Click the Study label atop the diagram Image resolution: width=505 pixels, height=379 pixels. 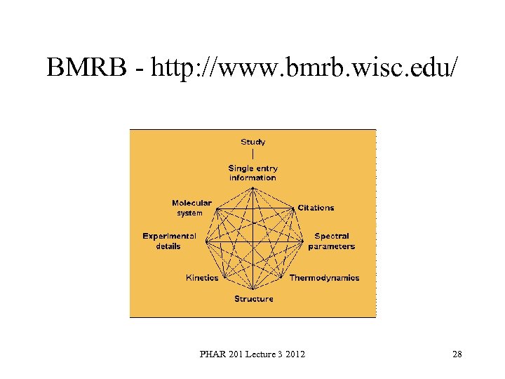(x=252, y=142)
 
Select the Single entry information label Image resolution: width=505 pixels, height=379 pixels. (x=252, y=173)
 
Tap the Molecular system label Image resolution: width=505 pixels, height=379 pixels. (x=191, y=208)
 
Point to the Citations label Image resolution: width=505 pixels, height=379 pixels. (x=316, y=208)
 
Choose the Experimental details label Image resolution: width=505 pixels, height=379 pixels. (x=169, y=241)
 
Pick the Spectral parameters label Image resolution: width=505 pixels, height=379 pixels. (x=332, y=241)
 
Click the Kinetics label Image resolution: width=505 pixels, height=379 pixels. (x=202, y=278)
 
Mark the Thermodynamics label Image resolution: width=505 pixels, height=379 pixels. (x=324, y=278)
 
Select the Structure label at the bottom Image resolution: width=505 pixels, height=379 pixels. (x=253, y=299)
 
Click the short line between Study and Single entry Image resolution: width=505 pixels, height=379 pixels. (x=252, y=154)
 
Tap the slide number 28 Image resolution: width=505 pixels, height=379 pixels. (x=457, y=354)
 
